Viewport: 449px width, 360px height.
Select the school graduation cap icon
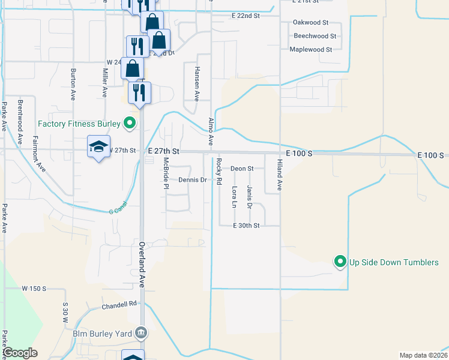(98, 147)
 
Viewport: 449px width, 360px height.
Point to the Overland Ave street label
(142, 263)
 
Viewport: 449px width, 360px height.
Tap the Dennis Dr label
(193, 180)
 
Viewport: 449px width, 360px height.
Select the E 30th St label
(246, 226)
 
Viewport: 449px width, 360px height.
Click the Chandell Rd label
(119, 305)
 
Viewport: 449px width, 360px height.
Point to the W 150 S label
(34, 289)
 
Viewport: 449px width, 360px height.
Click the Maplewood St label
(311, 49)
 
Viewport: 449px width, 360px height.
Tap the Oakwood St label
(310, 22)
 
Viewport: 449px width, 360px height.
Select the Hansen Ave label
(196, 83)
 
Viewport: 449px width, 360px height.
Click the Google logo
(20, 353)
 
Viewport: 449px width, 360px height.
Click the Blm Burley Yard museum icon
(140, 332)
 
